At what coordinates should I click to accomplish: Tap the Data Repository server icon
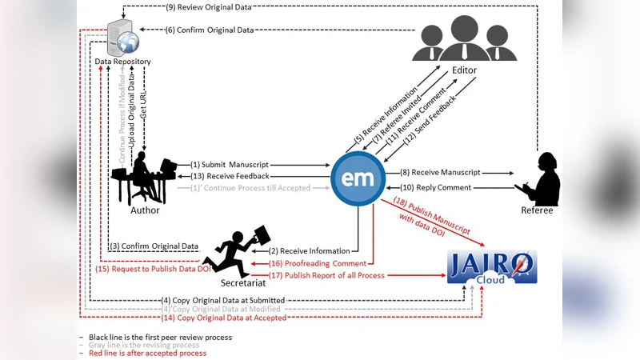122,37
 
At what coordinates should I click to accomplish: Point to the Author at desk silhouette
146,178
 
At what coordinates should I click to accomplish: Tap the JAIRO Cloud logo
492,266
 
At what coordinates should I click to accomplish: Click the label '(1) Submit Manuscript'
230,164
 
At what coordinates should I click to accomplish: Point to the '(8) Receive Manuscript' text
440,171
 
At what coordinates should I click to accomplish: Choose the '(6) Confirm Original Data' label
210,30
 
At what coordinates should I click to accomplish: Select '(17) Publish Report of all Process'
326,275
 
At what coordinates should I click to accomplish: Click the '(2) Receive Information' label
309,250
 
